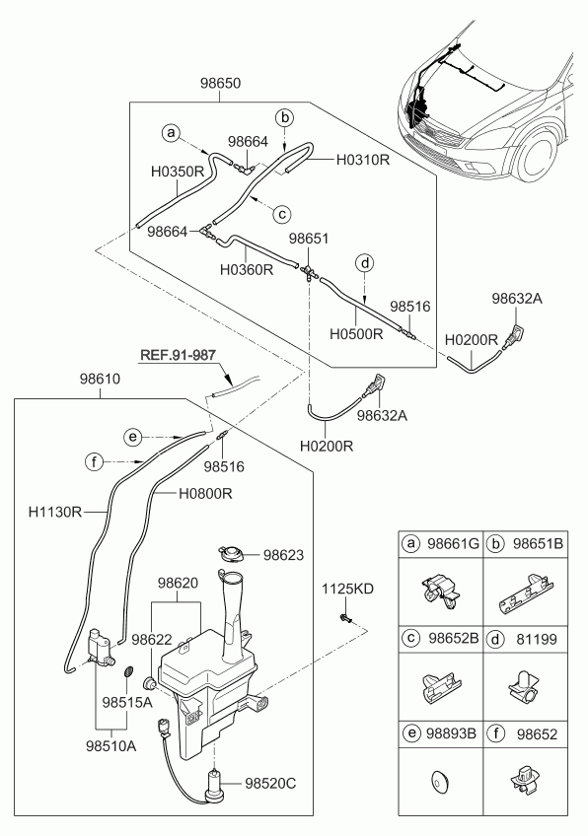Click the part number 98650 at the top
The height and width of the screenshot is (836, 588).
tap(220, 84)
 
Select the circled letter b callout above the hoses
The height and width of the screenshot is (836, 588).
tap(285, 118)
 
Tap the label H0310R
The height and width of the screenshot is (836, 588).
tap(363, 160)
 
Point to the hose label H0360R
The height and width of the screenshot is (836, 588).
tap(247, 270)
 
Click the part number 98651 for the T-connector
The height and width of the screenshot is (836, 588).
tap(309, 239)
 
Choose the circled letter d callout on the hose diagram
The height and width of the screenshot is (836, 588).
tap(365, 263)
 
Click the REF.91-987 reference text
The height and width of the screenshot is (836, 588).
tap(179, 354)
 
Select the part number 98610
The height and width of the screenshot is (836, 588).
tap(100, 380)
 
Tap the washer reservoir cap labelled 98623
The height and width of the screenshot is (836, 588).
tap(231, 553)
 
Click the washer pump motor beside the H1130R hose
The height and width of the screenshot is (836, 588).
tap(101, 648)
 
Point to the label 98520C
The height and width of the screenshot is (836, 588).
tap(270, 783)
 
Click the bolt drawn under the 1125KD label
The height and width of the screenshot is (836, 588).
tap(344, 619)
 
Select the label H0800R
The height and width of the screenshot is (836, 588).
tap(205, 494)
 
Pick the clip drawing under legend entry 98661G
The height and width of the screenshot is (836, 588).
tap(440, 591)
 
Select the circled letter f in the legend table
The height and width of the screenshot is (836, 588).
tap(495, 733)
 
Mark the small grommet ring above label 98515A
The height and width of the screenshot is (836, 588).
tap(128, 671)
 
